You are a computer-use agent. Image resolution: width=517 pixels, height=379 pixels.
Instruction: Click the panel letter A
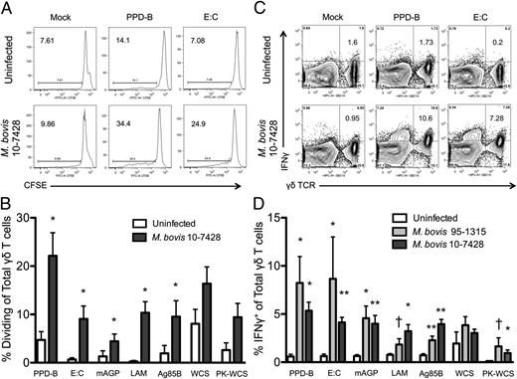click(8, 8)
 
